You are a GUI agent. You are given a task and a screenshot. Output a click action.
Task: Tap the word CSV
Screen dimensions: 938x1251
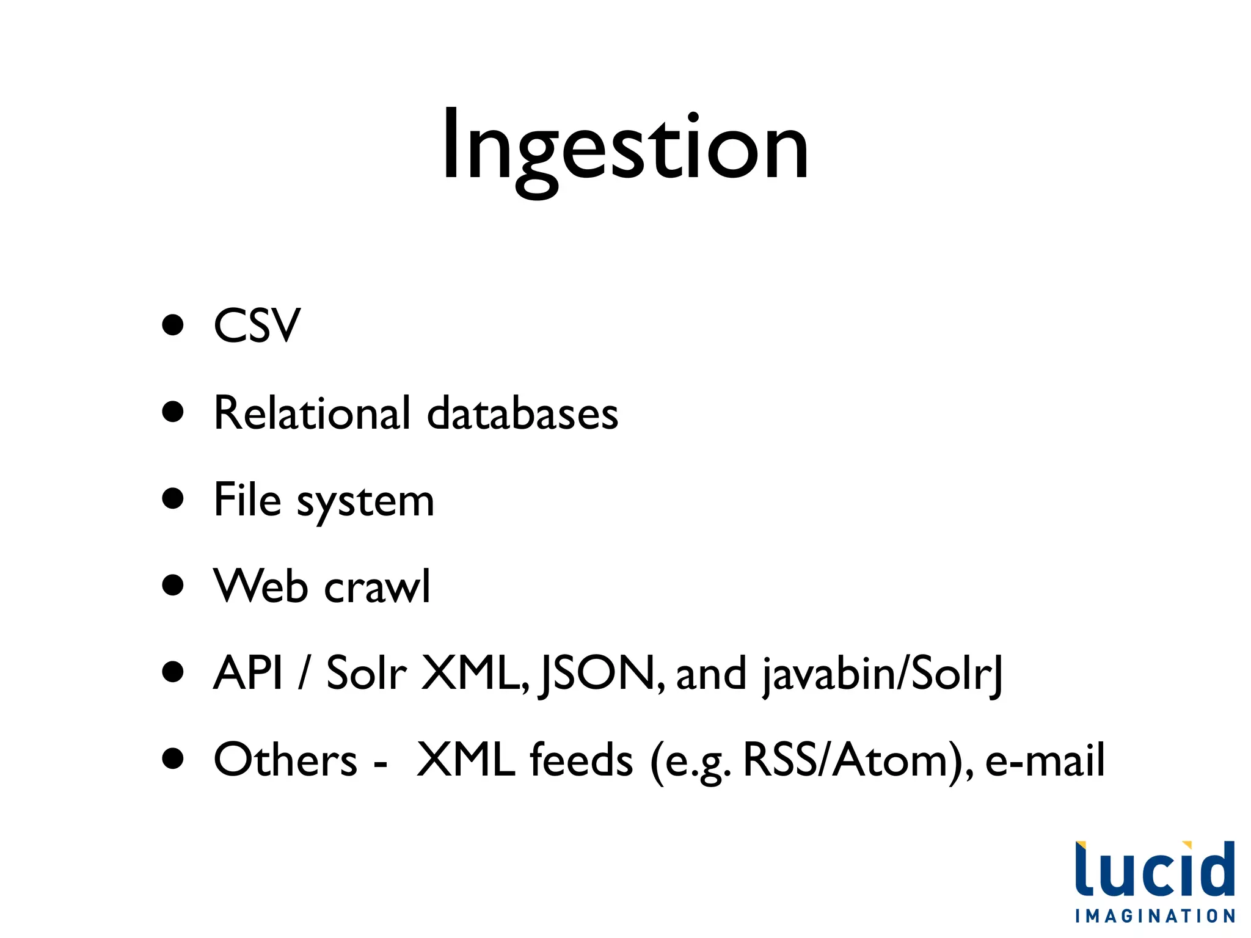(x=257, y=325)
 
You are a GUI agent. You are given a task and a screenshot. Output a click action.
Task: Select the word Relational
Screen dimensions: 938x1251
(x=312, y=413)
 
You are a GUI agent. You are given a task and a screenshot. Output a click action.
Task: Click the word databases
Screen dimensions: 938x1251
(x=522, y=413)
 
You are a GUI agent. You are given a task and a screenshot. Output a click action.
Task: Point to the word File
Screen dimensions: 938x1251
(x=247, y=500)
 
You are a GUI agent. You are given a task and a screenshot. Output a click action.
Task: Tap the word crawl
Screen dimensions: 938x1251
(x=377, y=586)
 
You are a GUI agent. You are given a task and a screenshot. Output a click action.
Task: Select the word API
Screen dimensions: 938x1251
(x=248, y=672)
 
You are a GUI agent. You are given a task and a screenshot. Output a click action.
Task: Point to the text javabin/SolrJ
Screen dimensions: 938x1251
(x=882, y=674)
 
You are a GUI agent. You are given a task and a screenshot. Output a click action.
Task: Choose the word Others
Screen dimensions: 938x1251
(x=285, y=760)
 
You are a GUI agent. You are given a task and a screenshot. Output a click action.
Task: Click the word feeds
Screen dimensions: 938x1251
(x=581, y=760)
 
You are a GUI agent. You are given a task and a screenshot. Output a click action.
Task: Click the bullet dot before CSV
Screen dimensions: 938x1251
(x=173, y=325)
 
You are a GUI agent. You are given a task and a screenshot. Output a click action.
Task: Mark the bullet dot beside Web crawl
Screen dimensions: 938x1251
(x=173, y=585)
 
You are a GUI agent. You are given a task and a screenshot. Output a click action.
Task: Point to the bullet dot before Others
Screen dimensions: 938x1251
(x=173, y=758)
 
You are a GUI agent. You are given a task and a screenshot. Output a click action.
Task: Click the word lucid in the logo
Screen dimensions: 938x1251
(x=1154, y=870)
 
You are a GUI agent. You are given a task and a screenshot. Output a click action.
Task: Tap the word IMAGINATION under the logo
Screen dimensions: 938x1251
(x=1155, y=916)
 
